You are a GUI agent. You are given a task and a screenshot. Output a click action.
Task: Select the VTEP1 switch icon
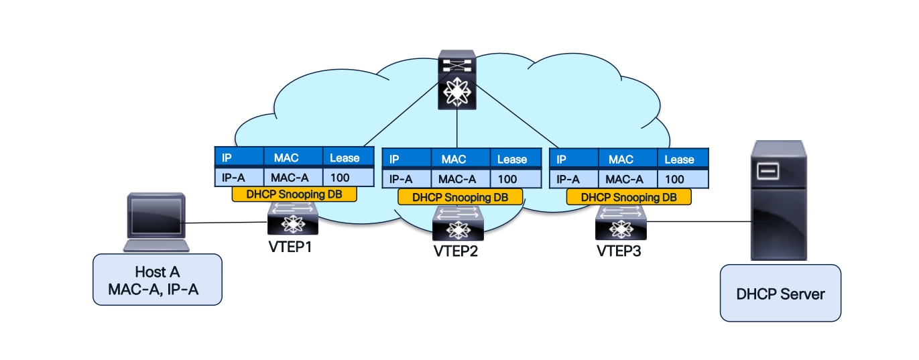tap(293, 220)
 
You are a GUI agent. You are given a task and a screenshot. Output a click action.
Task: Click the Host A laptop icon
tap(153, 223)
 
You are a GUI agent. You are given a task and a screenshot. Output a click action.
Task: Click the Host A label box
tap(157, 280)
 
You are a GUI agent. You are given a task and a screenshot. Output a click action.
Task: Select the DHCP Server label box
tap(780, 293)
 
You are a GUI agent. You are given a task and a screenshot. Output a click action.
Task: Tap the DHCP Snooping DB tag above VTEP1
tap(293, 194)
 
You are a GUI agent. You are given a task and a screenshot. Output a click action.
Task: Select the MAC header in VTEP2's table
tap(454, 160)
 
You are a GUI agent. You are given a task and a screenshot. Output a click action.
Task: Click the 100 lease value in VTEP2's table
tap(508, 179)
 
